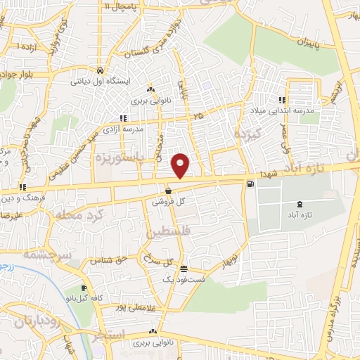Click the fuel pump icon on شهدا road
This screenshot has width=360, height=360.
[250, 184]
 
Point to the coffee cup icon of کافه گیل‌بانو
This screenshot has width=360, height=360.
[84, 288]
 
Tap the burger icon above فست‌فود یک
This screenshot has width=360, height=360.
[184, 269]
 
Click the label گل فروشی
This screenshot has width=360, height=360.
[167, 201]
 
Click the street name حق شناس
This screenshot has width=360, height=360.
[103, 261]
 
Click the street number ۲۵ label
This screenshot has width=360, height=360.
[199, 115]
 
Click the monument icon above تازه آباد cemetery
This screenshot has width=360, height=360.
[301, 203]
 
